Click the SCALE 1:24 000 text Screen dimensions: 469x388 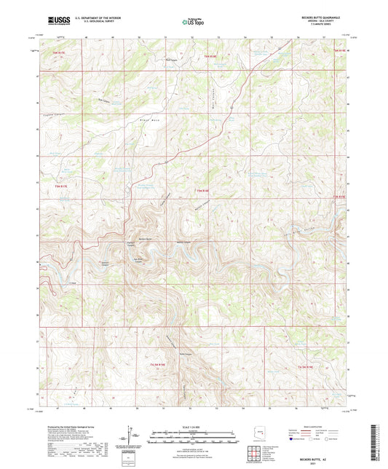pos(194,425)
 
